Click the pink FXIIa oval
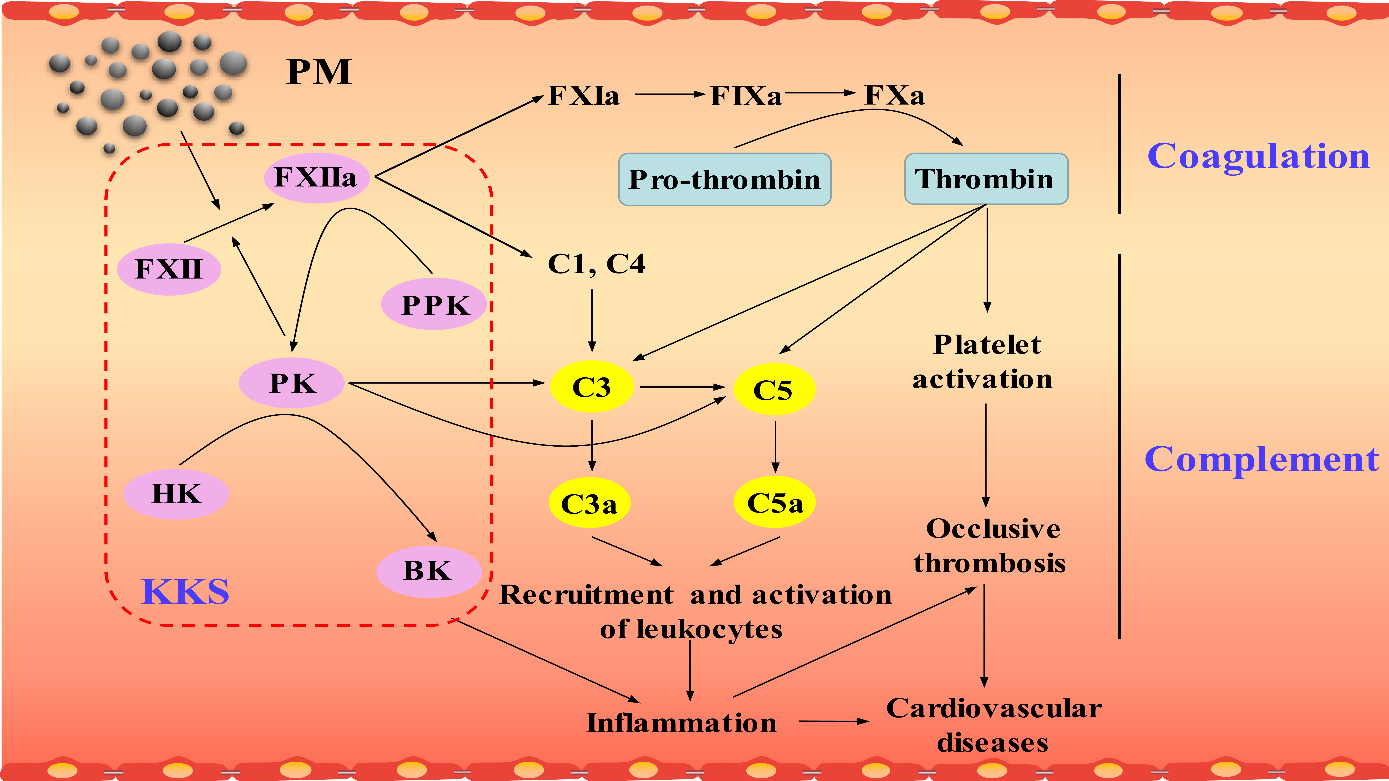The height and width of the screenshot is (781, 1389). pyautogui.click(x=317, y=177)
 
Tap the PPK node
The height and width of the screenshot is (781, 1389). pyautogui.click(x=434, y=304)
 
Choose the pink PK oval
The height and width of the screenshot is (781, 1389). pyautogui.click(x=291, y=383)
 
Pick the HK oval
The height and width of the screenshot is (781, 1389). pyautogui.click(x=176, y=493)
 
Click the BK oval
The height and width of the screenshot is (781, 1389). pyautogui.click(x=429, y=571)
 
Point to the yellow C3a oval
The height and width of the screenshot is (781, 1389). pyautogui.click(x=589, y=503)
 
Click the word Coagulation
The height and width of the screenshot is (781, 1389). pyautogui.click(x=1258, y=156)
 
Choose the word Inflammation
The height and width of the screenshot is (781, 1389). pyautogui.click(x=682, y=723)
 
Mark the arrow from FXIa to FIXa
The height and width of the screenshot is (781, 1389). pyautogui.click(x=670, y=94)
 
